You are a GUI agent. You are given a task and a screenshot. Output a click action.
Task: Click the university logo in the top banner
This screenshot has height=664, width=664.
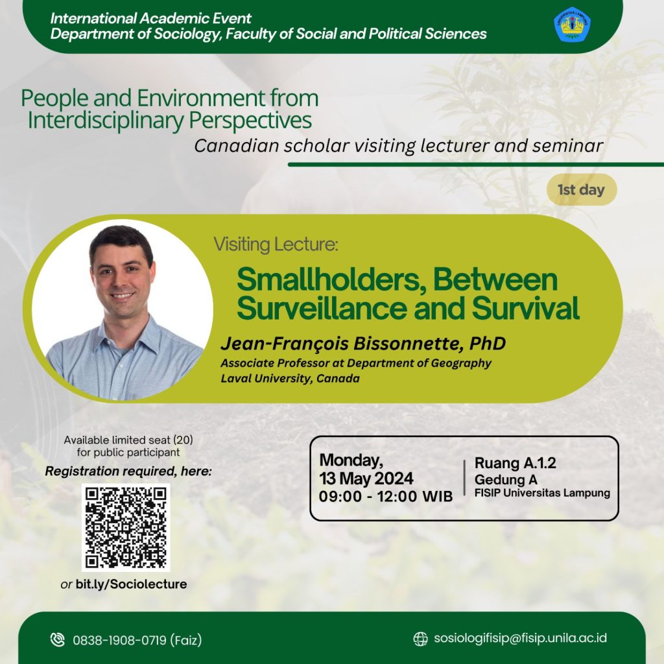tap(572, 25)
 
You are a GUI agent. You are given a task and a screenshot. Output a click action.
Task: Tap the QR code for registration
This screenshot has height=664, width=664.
tap(126, 527)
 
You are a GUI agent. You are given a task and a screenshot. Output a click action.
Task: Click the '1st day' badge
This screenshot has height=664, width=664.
tap(582, 190)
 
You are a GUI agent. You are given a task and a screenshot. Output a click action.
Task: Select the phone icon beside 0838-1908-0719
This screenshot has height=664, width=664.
tap(58, 639)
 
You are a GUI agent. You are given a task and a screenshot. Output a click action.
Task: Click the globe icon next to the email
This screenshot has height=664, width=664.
tap(420, 639)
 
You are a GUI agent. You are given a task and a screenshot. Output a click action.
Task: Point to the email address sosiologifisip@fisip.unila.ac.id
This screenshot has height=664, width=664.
tap(520, 638)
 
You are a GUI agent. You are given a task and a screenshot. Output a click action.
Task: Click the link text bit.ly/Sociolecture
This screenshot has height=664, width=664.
tap(131, 584)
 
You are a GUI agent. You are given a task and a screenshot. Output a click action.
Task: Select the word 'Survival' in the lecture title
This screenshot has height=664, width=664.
tap(525, 308)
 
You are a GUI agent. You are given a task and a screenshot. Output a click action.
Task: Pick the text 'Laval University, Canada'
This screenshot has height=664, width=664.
tap(290, 378)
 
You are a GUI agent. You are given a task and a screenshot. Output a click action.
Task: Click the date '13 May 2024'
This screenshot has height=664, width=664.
tap(366, 479)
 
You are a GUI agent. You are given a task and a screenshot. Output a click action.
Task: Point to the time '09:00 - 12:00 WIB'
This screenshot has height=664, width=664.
tap(386, 496)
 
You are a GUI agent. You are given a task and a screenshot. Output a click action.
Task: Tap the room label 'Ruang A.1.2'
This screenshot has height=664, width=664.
tap(516, 463)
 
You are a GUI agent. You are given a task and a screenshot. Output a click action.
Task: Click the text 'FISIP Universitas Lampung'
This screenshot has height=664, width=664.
tap(543, 493)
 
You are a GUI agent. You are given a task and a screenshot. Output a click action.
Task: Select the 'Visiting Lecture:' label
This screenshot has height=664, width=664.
tap(276, 244)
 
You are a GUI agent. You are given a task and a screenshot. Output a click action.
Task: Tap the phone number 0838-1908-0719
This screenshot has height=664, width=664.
tap(119, 640)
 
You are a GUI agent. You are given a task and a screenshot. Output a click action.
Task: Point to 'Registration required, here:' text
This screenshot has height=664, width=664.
tap(128, 471)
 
